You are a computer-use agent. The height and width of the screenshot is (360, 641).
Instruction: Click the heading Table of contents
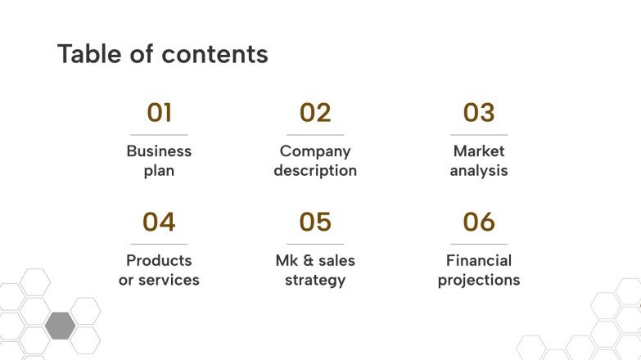click(x=162, y=54)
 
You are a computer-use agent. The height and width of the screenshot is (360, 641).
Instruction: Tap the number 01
click(x=159, y=113)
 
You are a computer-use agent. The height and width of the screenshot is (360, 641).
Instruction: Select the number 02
click(x=315, y=113)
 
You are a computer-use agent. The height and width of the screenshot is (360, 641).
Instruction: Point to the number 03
click(x=479, y=113)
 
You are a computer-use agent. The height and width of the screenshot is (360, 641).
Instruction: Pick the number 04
click(x=159, y=222)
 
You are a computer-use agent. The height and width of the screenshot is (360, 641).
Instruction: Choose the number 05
click(x=315, y=222)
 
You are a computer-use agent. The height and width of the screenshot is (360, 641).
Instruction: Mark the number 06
click(x=479, y=222)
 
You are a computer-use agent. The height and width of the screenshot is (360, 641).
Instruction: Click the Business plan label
click(x=159, y=161)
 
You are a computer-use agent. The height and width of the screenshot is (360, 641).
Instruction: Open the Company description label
click(x=315, y=161)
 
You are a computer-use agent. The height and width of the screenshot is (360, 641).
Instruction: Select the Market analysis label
click(x=479, y=161)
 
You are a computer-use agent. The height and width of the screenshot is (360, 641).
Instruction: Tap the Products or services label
click(x=159, y=270)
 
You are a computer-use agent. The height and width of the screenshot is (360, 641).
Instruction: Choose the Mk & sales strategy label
click(x=315, y=270)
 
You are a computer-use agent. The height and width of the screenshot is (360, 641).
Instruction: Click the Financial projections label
click(x=479, y=270)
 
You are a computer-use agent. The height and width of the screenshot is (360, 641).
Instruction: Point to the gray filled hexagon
click(x=60, y=325)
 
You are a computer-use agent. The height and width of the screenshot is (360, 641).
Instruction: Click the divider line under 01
click(x=159, y=135)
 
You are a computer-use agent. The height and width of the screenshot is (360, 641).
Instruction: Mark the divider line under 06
click(x=479, y=244)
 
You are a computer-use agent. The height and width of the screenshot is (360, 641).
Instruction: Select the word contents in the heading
click(x=214, y=54)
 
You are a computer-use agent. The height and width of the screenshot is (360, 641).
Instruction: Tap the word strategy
click(x=315, y=280)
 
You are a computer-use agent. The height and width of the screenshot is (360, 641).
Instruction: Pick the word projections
click(x=479, y=280)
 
